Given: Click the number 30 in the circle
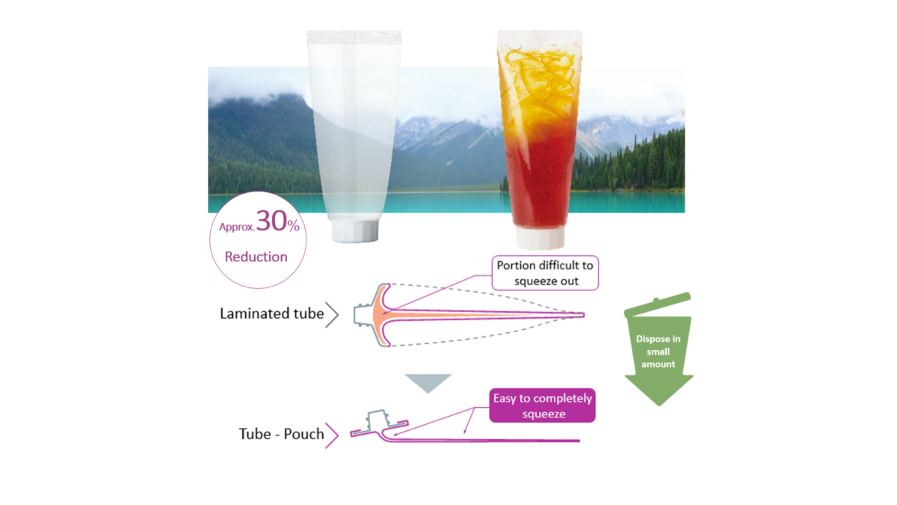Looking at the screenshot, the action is [x=271, y=221].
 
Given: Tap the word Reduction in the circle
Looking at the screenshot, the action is [x=256, y=257].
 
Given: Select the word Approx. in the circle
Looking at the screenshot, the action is [x=237, y=227].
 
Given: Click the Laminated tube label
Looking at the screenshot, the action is [x=271, y=313].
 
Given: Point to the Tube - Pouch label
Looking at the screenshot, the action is [x=281, y=434].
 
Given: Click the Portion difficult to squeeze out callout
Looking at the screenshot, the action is [x=545, y=273].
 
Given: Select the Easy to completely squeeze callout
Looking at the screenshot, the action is [x=542, y=405].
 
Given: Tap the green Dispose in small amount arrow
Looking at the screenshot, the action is [x=659, y=357].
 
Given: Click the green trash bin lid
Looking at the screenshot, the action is [x=658, y=304].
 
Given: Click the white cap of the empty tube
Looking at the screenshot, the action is [x=355, y=230].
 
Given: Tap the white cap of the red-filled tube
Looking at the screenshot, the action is [x=540, y=238].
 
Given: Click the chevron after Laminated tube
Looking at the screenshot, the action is [x=332, y=315].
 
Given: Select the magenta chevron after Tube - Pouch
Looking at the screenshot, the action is [x=332, y=435].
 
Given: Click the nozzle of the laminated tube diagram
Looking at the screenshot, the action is [x=363, y=315].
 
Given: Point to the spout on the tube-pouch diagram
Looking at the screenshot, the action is [x=377, y=419].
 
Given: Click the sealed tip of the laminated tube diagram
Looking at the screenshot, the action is [x=582, y=315].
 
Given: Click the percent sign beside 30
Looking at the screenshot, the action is [x=293, y=226].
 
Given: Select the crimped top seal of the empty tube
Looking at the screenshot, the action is [x=354, y=37].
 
